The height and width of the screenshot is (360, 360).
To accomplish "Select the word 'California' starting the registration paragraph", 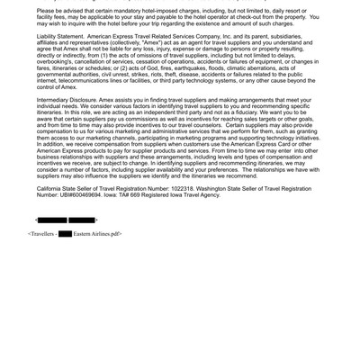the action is coord(52,187).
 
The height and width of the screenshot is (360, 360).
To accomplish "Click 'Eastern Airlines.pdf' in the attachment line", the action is coord(96,234).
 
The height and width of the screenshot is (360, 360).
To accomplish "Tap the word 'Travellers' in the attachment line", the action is coord(42,234).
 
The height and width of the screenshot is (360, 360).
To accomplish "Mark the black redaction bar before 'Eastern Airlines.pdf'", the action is coord(65,234).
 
